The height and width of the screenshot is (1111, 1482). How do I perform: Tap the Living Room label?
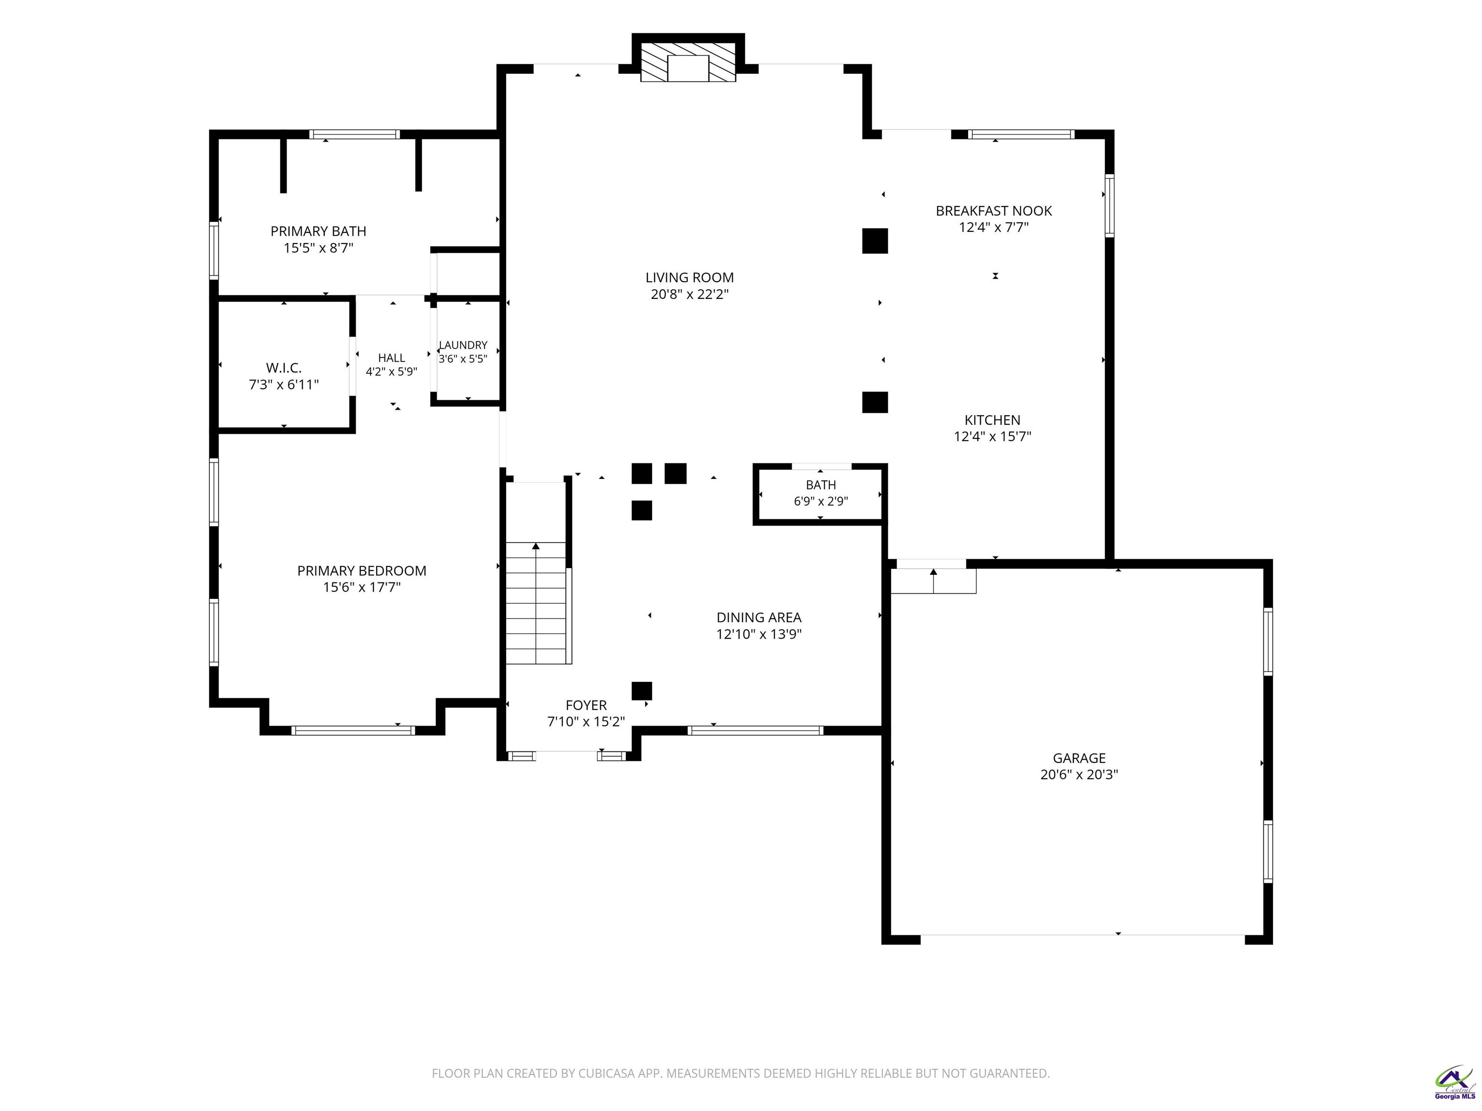click(x=689, y=277)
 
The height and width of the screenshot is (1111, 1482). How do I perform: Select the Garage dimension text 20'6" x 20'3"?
click(x=1079, y=775)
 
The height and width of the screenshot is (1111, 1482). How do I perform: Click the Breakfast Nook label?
click(x=994, y=211)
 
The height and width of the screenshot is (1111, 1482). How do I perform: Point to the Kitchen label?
click(x=992, y=420)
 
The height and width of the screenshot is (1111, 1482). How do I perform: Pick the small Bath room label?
click(x=821, y=485)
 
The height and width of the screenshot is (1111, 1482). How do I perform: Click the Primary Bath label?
click(x=318, y=231)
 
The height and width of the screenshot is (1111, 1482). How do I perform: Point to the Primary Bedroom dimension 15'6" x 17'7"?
click(x=362, y=587)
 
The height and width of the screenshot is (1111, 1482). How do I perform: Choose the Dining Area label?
click(x=759, y=617)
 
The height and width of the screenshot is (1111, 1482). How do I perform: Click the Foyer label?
click(x=586, y=705)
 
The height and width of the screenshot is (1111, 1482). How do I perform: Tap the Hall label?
click(x=391, y=358)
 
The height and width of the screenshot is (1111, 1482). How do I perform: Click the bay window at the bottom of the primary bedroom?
click(x=353, y=730)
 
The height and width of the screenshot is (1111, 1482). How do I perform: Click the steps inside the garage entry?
click(x=933, y=581)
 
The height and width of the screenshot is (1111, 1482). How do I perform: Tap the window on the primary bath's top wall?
click(x=355, y=135)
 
